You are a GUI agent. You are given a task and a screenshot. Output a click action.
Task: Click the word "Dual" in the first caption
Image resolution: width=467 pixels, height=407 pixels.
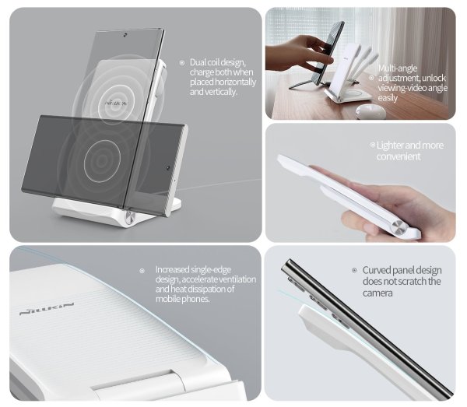pyautogui.click(x=198, y=62)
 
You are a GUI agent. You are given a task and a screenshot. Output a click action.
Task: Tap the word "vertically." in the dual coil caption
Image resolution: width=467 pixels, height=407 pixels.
pyautogui.click(x=223, y=92)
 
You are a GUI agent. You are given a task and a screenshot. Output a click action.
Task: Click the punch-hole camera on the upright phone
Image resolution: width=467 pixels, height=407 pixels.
pyautogui.click(x=125, y=35)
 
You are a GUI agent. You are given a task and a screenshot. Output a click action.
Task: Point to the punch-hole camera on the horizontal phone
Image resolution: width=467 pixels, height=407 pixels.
pyautogui.click(x=168, y=168)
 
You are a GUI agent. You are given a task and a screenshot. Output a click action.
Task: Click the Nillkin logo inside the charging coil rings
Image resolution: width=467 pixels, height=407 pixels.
pyautogui.click(x=115, y=103)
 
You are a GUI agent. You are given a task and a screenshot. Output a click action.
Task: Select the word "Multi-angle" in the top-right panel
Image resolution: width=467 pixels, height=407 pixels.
pyautogui.click(x=398, y=68)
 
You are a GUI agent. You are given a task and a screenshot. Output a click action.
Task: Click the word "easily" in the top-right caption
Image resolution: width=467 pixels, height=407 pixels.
pyautogui.click(x=388, y=98)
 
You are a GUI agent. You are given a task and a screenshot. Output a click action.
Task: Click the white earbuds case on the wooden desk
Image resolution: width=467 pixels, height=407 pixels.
pyautogui.click(x=370, y=111)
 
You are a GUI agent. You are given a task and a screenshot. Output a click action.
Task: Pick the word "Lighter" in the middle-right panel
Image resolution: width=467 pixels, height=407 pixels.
pyautogui.click(x=390, y=146)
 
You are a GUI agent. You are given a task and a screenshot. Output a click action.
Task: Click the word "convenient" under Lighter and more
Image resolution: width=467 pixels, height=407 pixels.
pyautogui.click(x=399, y=156)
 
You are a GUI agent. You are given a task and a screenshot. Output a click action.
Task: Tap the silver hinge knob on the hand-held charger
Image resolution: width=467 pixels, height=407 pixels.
pyautogui.click(x=401, y=228)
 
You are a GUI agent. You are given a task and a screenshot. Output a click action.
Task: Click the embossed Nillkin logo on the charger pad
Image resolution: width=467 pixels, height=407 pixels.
pyautogui.click(x=47, y=309)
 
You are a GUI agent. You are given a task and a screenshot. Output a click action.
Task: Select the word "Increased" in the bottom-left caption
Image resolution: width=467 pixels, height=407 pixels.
pyautogui.click(x=172, y=269)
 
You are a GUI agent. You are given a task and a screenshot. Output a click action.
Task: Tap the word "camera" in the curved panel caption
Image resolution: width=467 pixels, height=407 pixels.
pyautogui.click(x=377, y=293)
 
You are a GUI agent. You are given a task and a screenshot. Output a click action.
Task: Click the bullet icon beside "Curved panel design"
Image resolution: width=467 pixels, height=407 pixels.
pyautogui.click(x=354, y=270)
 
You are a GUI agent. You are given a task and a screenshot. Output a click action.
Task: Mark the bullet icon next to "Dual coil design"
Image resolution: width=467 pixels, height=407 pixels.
pyautogui.click(x=182, y=63)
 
